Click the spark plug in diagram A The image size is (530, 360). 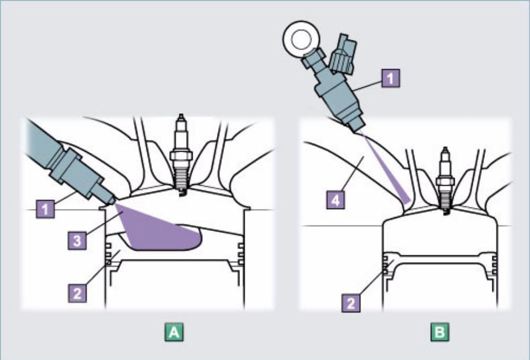(179, 156)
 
